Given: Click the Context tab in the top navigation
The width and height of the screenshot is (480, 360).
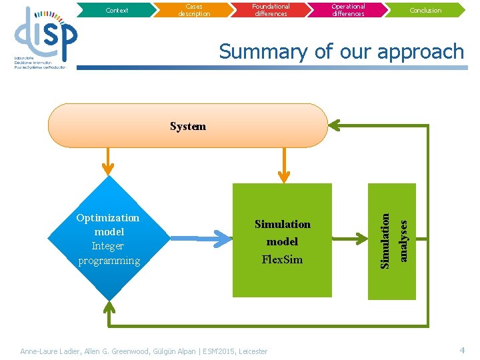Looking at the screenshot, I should [117, 10].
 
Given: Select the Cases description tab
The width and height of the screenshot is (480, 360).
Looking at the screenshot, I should [194, 10].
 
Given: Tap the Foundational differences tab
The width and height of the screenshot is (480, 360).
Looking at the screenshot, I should [271, 10].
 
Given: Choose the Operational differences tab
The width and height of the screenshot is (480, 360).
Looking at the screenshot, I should [348, 10].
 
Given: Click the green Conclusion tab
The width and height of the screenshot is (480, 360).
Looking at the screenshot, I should [425, 10].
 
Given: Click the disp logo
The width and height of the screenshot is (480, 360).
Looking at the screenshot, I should [45, 37].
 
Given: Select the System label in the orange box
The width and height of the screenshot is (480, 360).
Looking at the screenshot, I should [188, 126].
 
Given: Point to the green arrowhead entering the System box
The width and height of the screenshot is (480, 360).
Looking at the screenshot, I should [335, 125].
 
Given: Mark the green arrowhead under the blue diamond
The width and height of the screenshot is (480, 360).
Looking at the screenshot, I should [107, 308].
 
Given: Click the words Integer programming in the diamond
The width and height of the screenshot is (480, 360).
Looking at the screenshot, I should [109, 253].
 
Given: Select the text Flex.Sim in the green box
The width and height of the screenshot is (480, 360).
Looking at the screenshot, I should [283, 259].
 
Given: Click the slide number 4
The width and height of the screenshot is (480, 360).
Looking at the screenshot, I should [461, 350].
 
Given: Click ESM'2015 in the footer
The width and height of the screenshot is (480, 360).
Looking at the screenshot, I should [216, 351].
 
